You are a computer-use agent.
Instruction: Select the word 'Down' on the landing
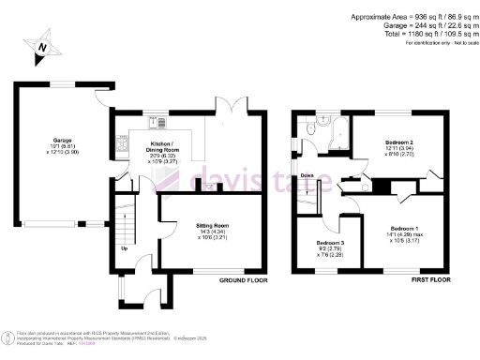click(x=306, y=175)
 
